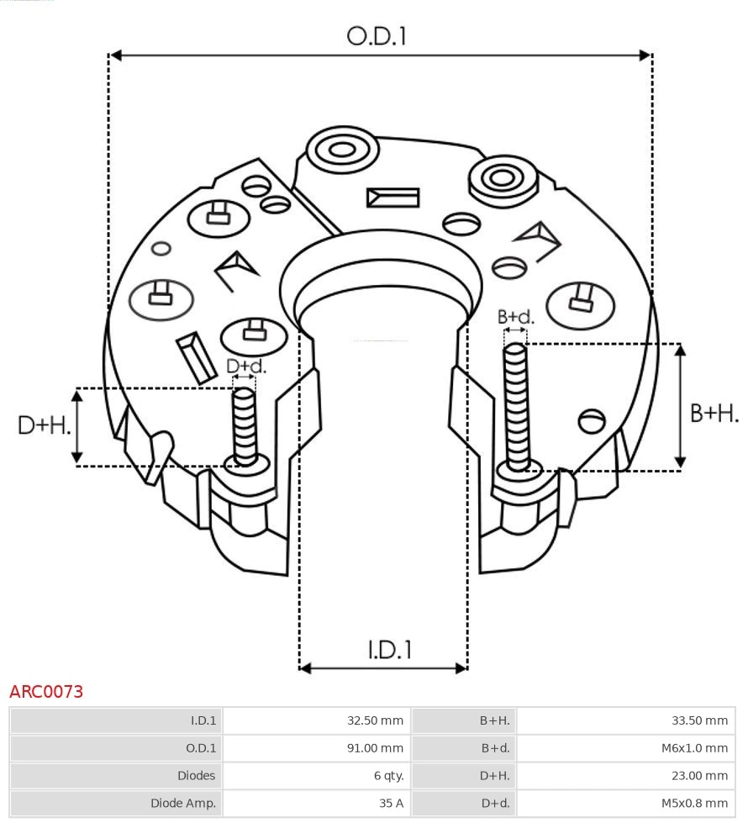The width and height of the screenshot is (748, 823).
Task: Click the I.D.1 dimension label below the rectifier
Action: click(x=389, y=649)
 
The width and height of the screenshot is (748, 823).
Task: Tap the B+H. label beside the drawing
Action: click(x=714, y=413)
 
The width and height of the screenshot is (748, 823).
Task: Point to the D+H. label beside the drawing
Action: click(x=45, y=425)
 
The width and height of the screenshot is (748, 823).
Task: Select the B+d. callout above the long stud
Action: click(x=515, y=317)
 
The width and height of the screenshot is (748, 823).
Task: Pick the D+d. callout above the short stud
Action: click(x=246, y=366)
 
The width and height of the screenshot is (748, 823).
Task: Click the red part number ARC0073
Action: click(x=46, y=692)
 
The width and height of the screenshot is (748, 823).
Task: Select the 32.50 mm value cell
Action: click(x=375, y=720)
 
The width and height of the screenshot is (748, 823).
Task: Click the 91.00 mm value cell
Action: click(x=375, y=748)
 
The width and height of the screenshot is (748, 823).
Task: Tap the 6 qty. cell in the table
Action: click(x=384, y=775)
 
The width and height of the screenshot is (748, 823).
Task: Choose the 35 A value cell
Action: click(x=391, y=803)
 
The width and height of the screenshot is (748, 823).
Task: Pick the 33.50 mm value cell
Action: click(x=700, y=720)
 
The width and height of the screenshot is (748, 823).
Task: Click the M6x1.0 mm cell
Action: click(x=694, y=748)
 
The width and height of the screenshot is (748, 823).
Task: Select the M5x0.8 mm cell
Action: click(x=694, y=803)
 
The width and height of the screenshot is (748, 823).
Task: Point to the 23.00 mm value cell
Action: click(x=700, y=775)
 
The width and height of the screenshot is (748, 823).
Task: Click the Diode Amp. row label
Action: click(x=183, y=803)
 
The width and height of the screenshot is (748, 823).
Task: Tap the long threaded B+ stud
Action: click(x=516, y=404)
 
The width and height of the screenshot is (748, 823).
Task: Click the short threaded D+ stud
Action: click(x=245, y=425)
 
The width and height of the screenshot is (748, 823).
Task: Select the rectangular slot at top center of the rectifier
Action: click(x=392, y=198)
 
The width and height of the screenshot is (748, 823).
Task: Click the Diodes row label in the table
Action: click(x=196, y=775)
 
